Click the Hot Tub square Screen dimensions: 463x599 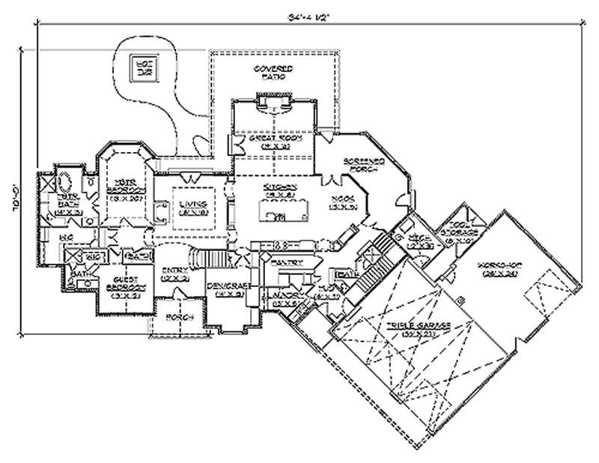coord(141,67)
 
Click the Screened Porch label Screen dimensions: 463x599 coord(364,165)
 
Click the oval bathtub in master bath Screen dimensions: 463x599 coord(64,184)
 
